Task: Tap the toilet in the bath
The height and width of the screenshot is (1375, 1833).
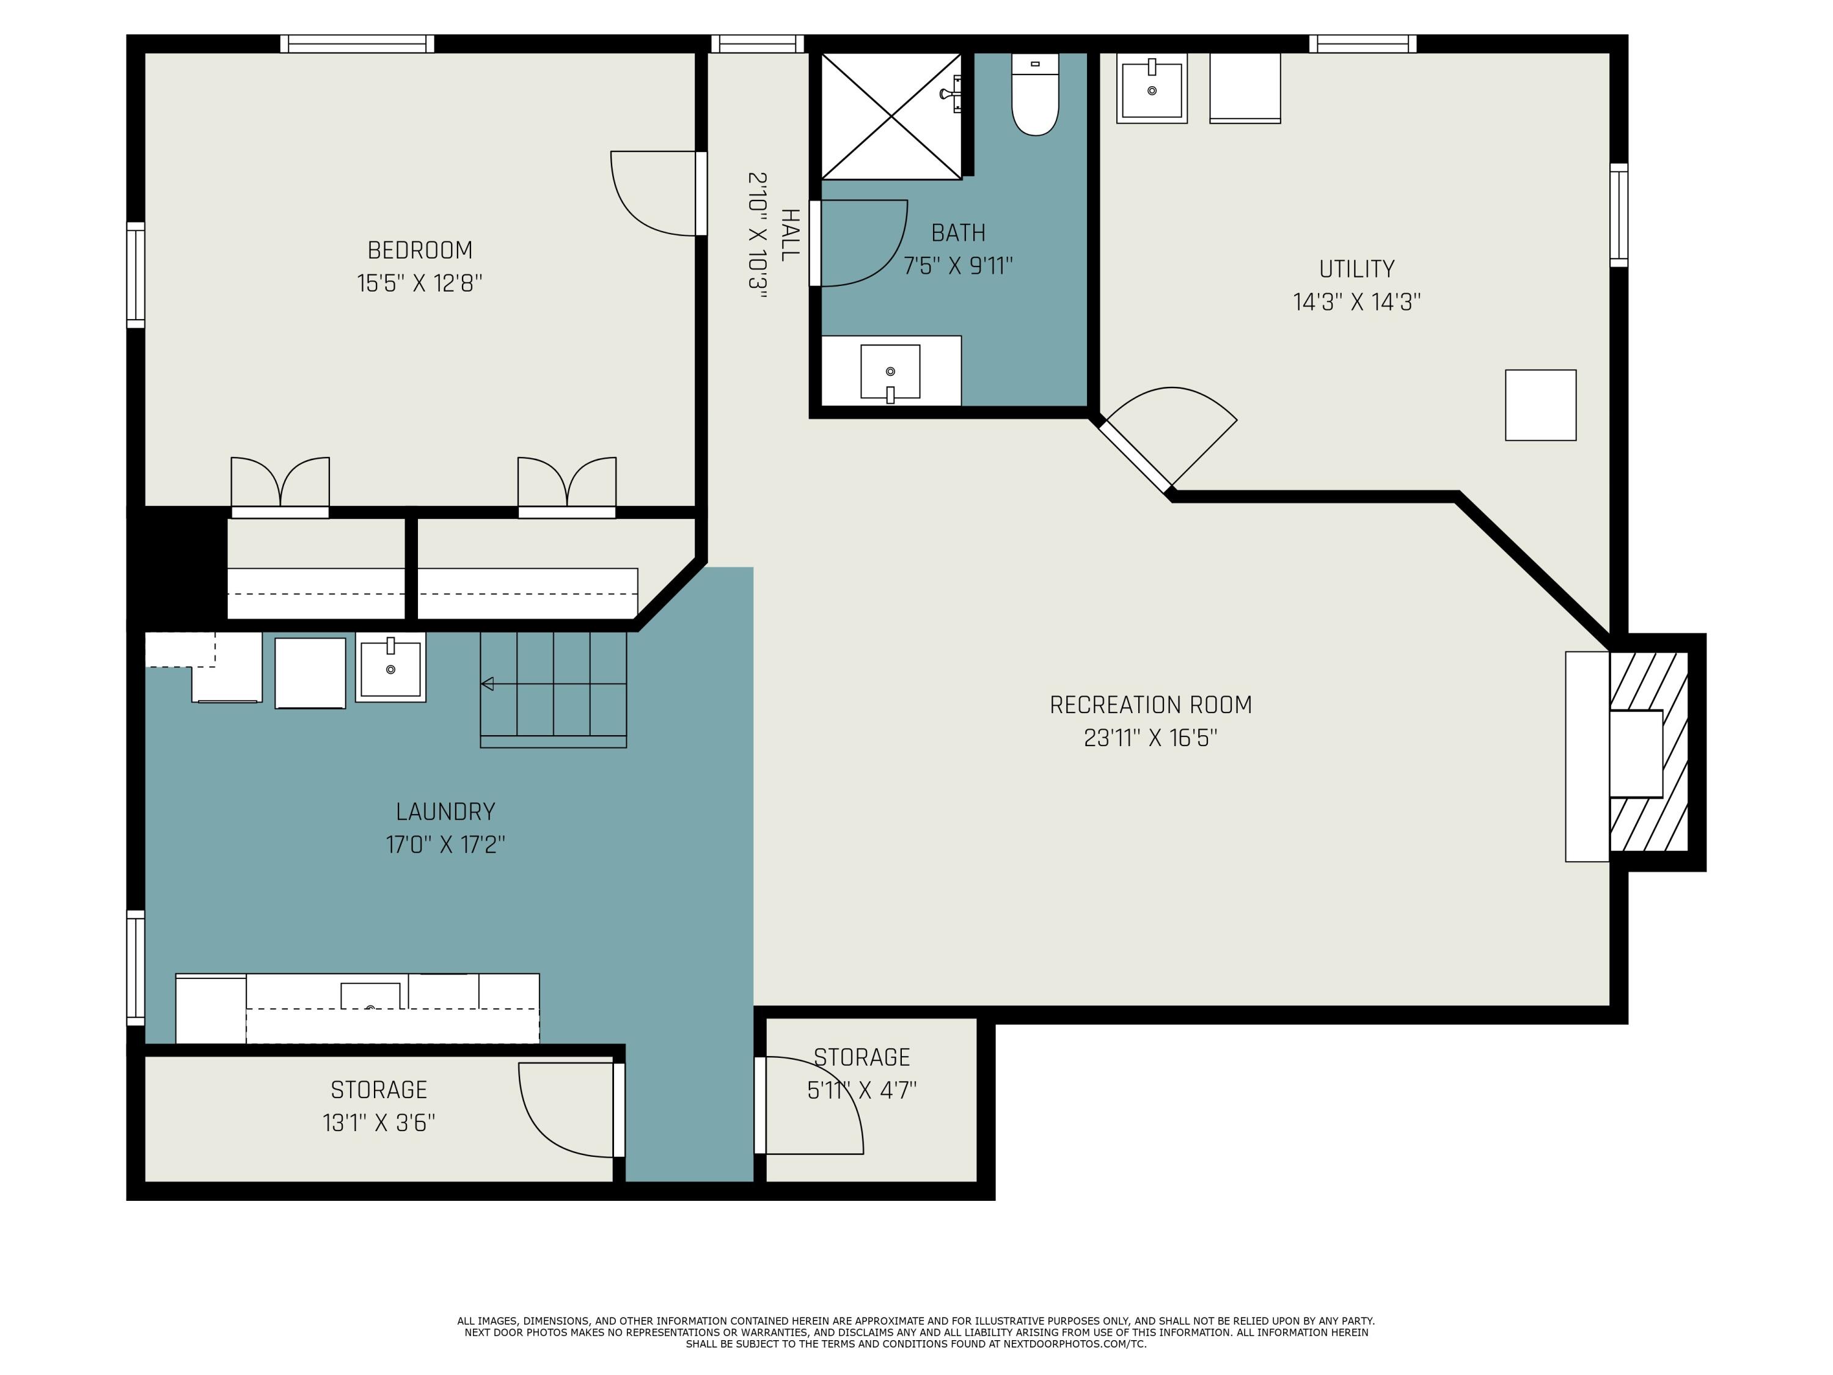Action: [x=1035, y=94]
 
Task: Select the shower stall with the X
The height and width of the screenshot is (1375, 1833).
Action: [x=891, y=116]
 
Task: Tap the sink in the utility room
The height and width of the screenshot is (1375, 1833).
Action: [x=1152, y=89]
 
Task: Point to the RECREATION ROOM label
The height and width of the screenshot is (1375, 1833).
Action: [x=1150, y=705]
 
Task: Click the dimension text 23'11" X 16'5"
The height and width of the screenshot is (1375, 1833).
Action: [x=1150, y=738]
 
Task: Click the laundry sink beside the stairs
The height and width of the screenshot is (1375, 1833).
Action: [x=390, y=667]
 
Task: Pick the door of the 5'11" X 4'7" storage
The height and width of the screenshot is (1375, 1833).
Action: [x=809, y=1105]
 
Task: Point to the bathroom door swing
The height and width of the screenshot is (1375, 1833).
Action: [x=859, y=243]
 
